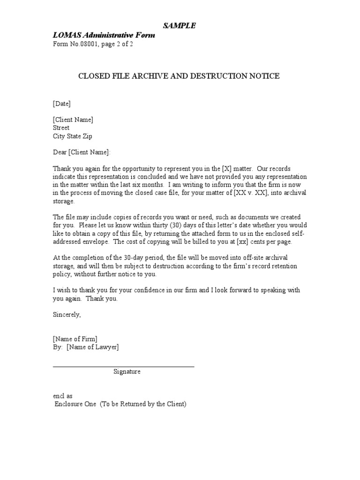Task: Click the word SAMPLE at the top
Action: pyautogui.click(x=180, y=26)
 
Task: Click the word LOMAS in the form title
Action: pyautogui.click(x=65, y=36)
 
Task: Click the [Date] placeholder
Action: pyautogui.click(x=61, y=104)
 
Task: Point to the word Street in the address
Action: pyautogui.click(x=61, y=127)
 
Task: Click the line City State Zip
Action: pyautogui.click(x=73, y=136)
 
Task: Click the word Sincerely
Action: pyautogui.click(x=67, y=315)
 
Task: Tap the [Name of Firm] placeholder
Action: pyautogui.click(x=75, y=339)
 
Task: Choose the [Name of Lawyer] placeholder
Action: pyautogui.click(x=93, y=347)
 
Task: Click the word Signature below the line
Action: pyautogui.click(x=127, y=372)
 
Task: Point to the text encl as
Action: pyautogui.click(x=62, y=396)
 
